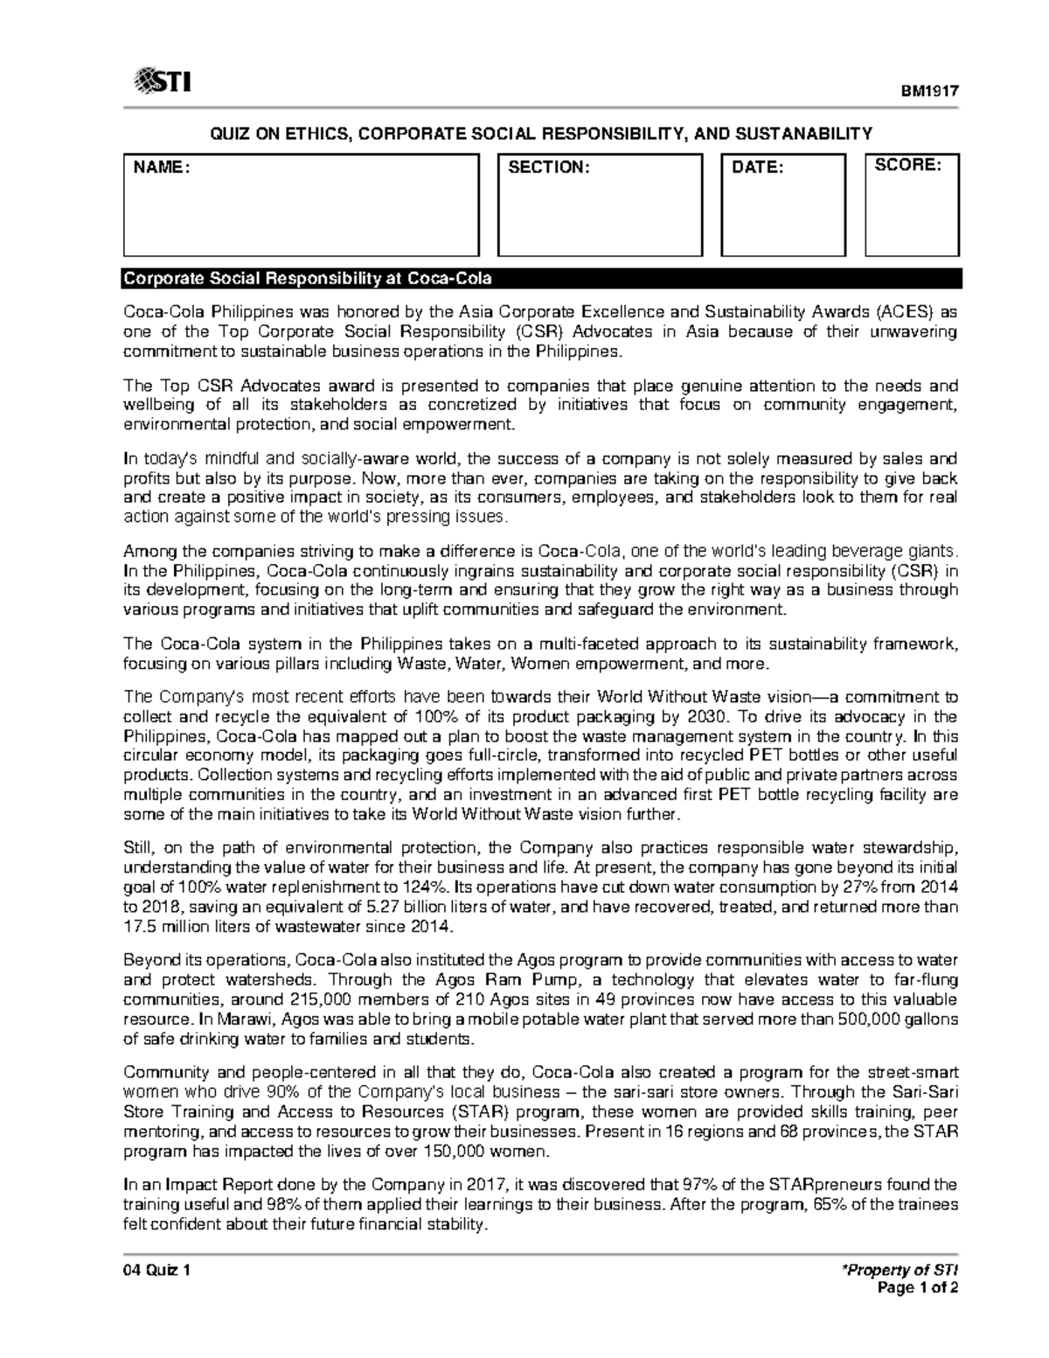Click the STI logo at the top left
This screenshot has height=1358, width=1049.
(x=163, y=82)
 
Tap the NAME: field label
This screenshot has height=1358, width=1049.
(x=160, y=168)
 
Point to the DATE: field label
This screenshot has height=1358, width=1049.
(x=757, y=168)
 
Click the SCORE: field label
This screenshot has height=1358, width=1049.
(x=908, y=165)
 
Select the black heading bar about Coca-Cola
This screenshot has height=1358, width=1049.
(x=542, y=279)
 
